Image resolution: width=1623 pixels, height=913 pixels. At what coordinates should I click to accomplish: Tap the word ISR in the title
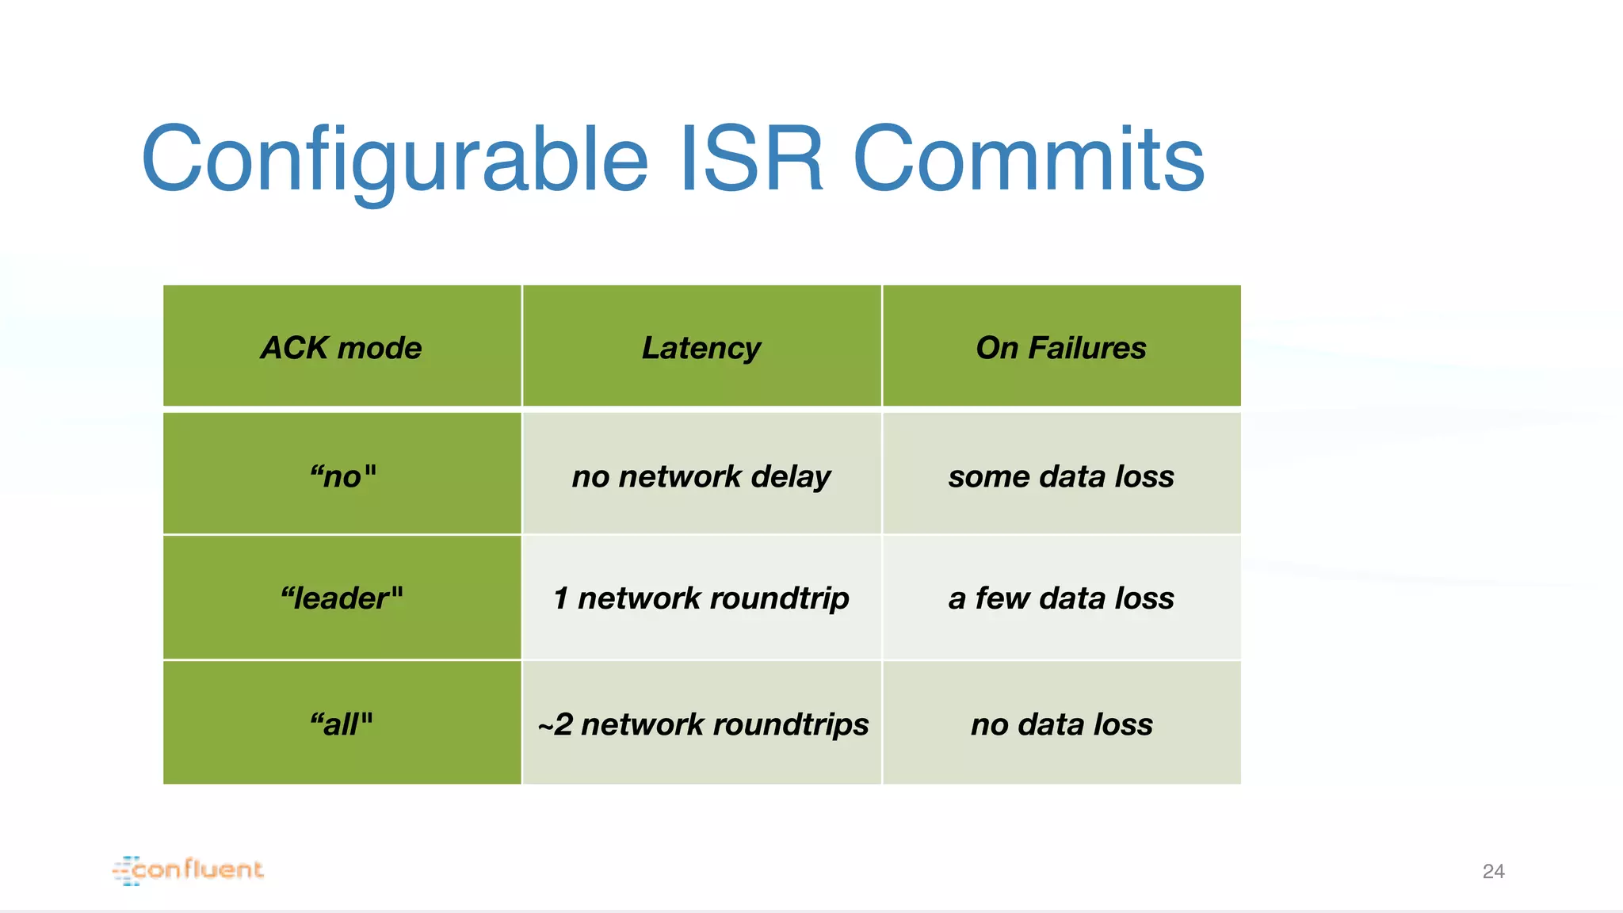751,159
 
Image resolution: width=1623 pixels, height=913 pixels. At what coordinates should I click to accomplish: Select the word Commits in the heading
1028,159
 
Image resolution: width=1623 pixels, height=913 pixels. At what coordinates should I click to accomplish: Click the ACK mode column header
342,348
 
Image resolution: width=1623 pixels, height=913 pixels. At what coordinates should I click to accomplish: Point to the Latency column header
701,348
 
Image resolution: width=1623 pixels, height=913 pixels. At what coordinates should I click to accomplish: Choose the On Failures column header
1061,348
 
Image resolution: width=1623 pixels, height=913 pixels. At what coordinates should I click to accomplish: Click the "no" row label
342,476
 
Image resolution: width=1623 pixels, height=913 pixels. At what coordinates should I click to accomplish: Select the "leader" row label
342,598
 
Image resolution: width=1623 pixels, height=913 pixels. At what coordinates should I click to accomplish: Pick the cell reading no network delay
701,476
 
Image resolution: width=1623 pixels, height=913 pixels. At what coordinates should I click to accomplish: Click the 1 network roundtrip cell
701,598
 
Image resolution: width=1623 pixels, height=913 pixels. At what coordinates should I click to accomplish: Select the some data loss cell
1061,476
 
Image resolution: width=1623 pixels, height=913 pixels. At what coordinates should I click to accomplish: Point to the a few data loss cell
1061,598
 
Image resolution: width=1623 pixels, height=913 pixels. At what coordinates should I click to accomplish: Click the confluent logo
189,870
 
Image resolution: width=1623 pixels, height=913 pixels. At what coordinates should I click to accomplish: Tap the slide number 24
1493,872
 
